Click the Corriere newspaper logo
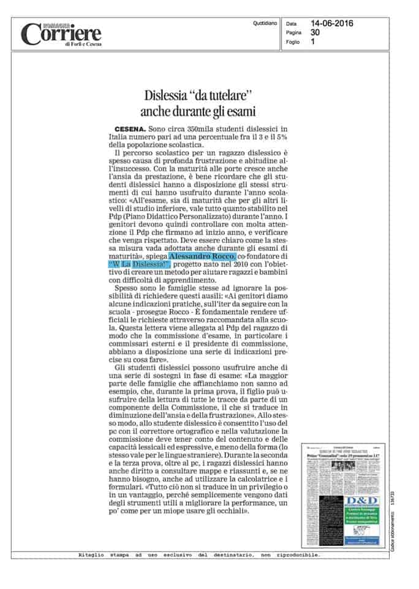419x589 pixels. click(x=61, y=33)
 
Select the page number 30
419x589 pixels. click(x=315, y=32)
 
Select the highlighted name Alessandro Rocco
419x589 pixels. click(x=192, y=255)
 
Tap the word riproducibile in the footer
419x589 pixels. click(x=298, y=555)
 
